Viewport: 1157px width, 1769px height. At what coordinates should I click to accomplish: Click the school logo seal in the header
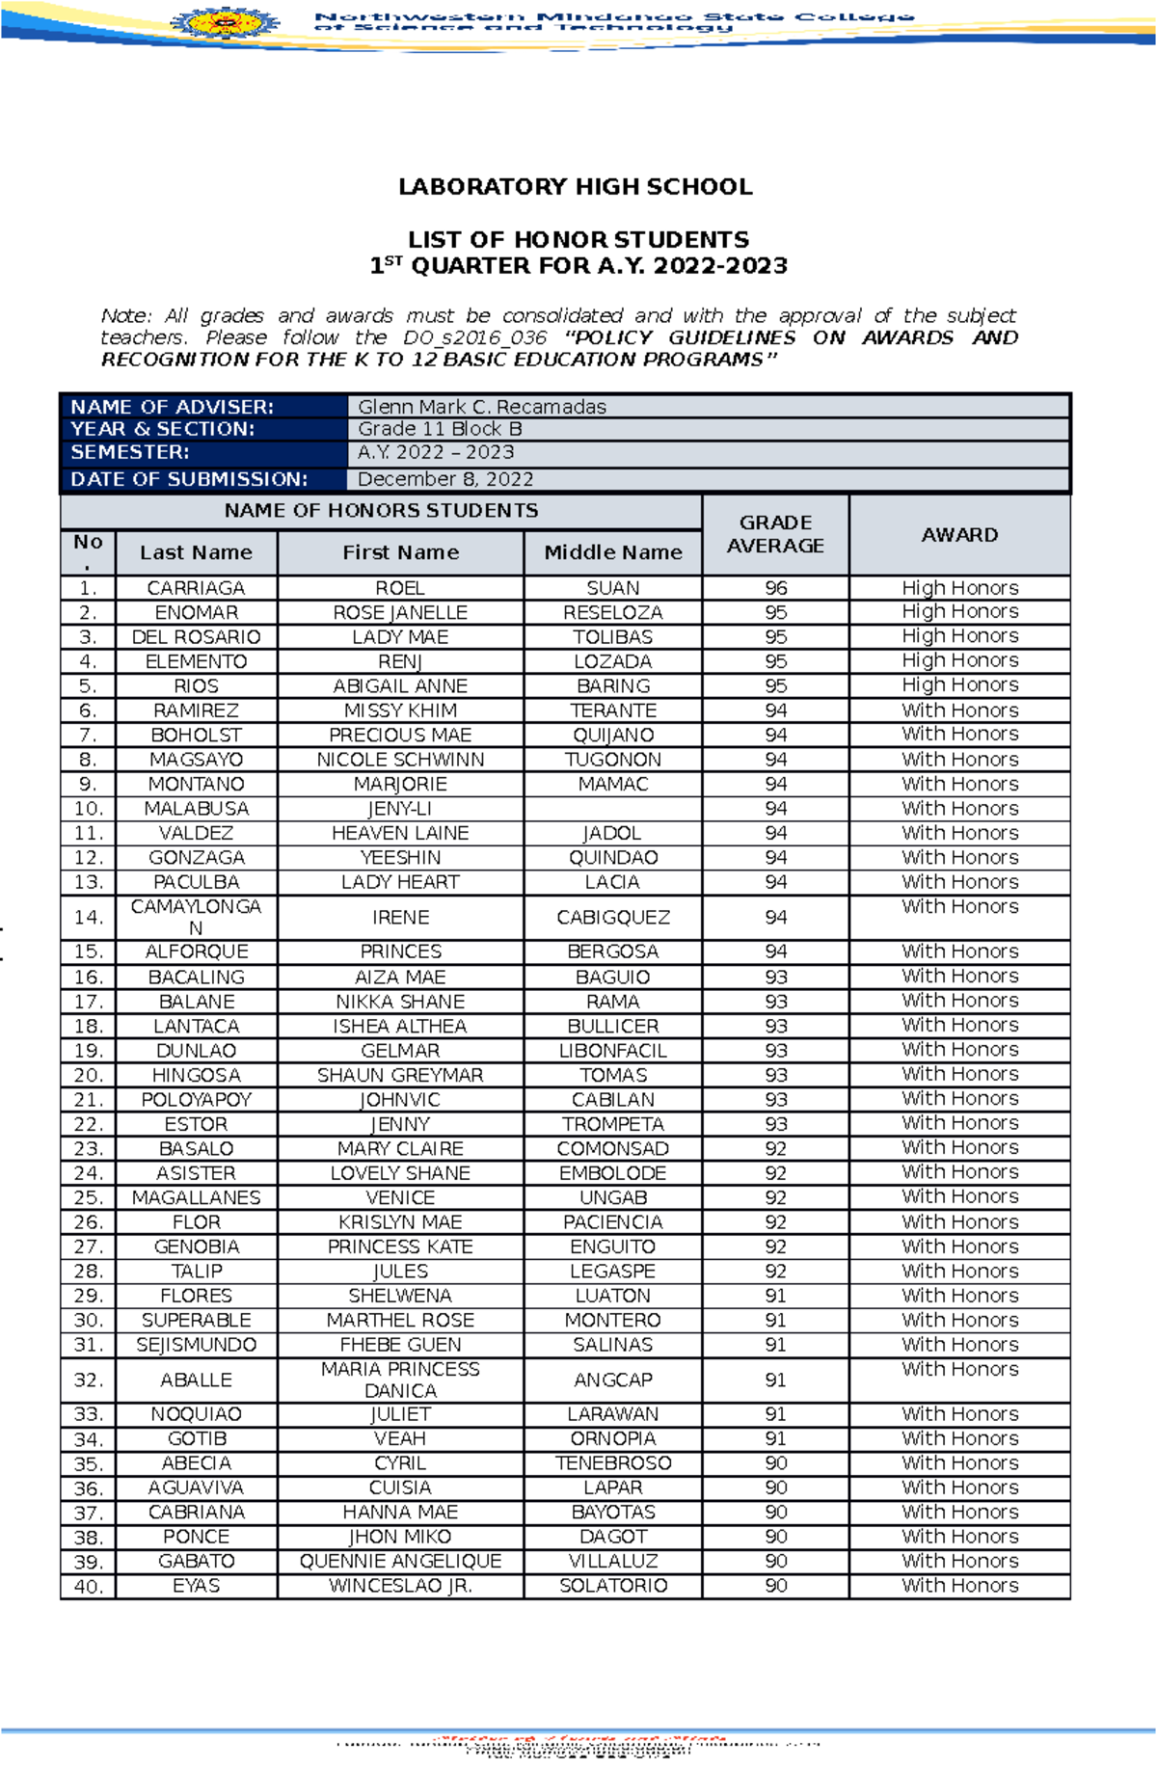pyautogui.click(x=226, y=20)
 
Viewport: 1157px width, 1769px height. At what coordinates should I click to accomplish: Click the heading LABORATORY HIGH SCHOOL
pyautogui.click(x=576, y=187)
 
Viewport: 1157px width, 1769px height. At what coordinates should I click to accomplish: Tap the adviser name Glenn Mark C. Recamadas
pyautogui.click(x=482, y=407)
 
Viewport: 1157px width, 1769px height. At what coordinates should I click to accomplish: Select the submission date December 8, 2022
pyautogui.click(x=445, y=479)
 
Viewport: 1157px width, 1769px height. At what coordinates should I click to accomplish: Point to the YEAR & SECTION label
pyautogui.click(x=163, y=429)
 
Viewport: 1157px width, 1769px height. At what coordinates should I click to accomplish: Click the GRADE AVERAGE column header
pyautogui.click(x=775, y=534)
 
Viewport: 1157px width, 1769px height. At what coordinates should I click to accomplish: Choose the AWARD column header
pyautogui.click(x=959, y=535)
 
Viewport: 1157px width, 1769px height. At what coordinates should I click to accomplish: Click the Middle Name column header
pyautogui.click(x=613, y=552)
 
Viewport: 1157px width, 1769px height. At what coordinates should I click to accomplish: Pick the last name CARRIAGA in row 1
pyautogui.click(x=196, y=588)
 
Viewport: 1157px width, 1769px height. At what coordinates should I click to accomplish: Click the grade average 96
pyautogui.click(x=776, y=588)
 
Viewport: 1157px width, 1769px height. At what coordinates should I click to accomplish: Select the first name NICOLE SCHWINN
pyautogui.click(x=400, y=760)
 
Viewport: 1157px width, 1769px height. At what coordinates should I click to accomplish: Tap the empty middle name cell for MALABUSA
pyautogui.click(x=613, y=809)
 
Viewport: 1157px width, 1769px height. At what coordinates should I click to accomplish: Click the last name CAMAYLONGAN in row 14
pyautogui.click(x=196, y=917)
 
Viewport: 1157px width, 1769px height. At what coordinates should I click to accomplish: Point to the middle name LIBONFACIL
pyautogui.click(x=613, y=1051)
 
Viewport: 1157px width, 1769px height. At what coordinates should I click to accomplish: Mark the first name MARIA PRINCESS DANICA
pyautogui.click(x=400, y=1380)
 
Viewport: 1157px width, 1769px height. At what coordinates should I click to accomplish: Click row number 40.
pyautogui.click(x=88, y=1587)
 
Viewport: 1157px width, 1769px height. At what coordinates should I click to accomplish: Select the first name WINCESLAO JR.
pyautogui.click(x=400, y=1586)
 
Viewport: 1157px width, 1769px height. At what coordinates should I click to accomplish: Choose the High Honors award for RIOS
pyautogui.click(x=959, y=685)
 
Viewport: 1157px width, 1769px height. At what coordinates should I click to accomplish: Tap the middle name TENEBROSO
pyautogui.click(x=613, y=1463)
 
